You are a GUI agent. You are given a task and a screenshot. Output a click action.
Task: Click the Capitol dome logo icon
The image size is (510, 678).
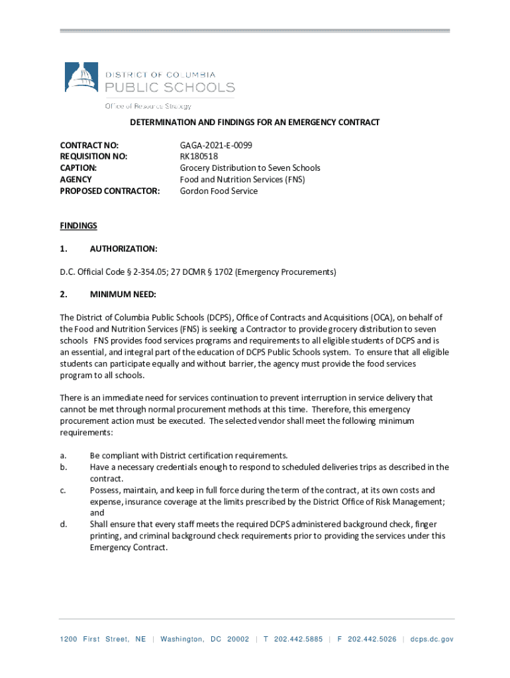[x=81, y=77]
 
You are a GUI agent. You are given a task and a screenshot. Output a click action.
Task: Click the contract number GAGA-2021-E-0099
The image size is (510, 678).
[x=216, y=144]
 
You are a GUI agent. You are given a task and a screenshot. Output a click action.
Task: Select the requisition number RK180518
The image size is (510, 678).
[x=199, y=156]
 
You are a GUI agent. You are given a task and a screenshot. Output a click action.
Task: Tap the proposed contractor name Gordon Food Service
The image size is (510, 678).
[x=219, y=191]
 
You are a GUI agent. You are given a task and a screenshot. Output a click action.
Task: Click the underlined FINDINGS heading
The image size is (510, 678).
[x=78, y=226]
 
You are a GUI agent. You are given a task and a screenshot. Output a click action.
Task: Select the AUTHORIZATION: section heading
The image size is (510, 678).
[x=123, y=249]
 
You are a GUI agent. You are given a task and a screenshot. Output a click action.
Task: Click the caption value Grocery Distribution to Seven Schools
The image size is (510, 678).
[x=250, y=168]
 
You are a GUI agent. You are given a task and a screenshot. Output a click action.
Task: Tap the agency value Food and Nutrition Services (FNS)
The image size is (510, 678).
[x=242, y=179]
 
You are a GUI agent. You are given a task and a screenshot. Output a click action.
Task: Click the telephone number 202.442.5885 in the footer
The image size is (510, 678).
[x=298, y=639]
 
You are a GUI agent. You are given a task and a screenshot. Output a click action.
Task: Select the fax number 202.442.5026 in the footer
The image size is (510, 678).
[x=372, y=639]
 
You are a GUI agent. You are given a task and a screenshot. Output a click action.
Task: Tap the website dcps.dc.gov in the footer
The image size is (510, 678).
[x=432, y=639]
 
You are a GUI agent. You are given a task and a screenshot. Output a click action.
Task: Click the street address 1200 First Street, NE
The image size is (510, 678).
[x=103, y=639]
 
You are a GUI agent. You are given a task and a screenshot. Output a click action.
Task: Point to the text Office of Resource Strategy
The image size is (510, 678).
[x=148, y=106]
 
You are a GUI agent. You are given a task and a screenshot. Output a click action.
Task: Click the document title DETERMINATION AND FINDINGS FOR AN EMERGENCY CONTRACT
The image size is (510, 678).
[x=254, y=122]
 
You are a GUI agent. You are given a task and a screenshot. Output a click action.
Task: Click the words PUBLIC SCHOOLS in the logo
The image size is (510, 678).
[x=170, y=87]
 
